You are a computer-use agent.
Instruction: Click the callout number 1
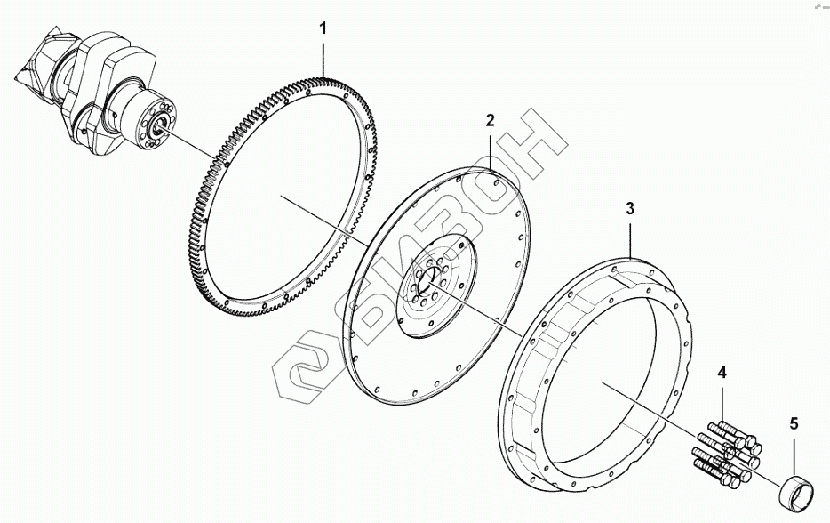pyautogui.click(x=323, y=28)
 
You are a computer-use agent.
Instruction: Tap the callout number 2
pyautogui.click(x=491, y=120)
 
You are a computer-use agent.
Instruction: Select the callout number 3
pyautogui.click(x=630, y=209)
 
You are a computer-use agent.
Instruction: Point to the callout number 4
pyautogui.click(x=722, y=373)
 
